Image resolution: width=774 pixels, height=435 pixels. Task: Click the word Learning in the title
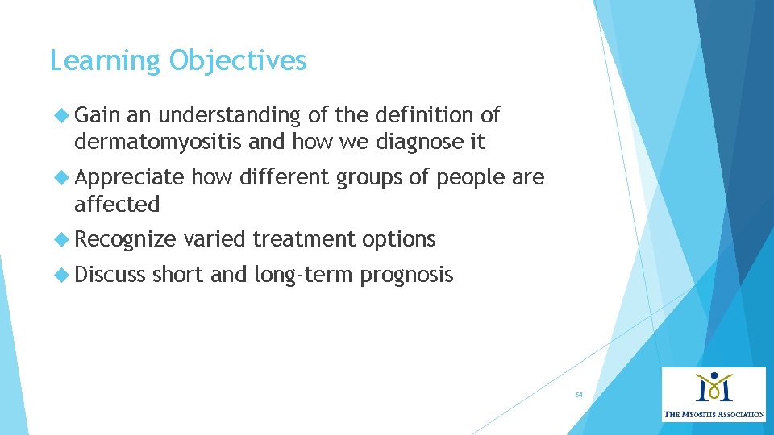tap(106, 61)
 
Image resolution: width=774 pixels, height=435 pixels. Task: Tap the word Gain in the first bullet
tap(97, 115)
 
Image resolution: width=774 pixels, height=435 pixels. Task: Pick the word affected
tap(117, 205)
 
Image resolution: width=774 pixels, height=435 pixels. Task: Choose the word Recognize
tap(125, 239)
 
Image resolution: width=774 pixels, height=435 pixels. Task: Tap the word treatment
tap(303, 239)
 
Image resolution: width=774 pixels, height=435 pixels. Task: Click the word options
tap(398, 239)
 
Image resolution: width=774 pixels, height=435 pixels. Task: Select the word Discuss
tap(110, 275)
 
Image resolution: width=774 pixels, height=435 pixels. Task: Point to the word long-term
tap(303, 275)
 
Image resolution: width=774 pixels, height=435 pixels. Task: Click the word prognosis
tap(406, 275)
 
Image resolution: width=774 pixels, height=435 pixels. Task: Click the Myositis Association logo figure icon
tap(714, 387)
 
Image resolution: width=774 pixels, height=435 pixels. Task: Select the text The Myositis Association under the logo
tap(714, 414)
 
